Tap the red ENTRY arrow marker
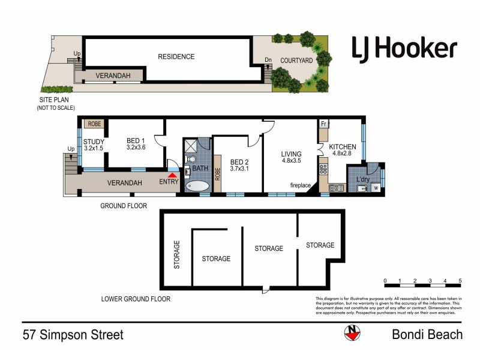(x=173, y=174)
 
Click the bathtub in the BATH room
(x=197, y=187)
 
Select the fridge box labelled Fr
(x=323, y=124)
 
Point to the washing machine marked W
(x=376, y=188)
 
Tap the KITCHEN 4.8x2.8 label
(x=343, y=151)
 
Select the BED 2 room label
(x=239, y=166)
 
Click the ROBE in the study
(x=94, y=124)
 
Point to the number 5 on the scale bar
(x=460, y=281)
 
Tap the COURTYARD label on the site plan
(x=295, y=60)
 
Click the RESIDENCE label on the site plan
(x=176, y=57)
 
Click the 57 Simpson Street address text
(x=73, y=334)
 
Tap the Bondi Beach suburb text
(x=427, y=334)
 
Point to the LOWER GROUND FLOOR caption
(x=136, y=299)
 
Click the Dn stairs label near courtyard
(x=268, y=60)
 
